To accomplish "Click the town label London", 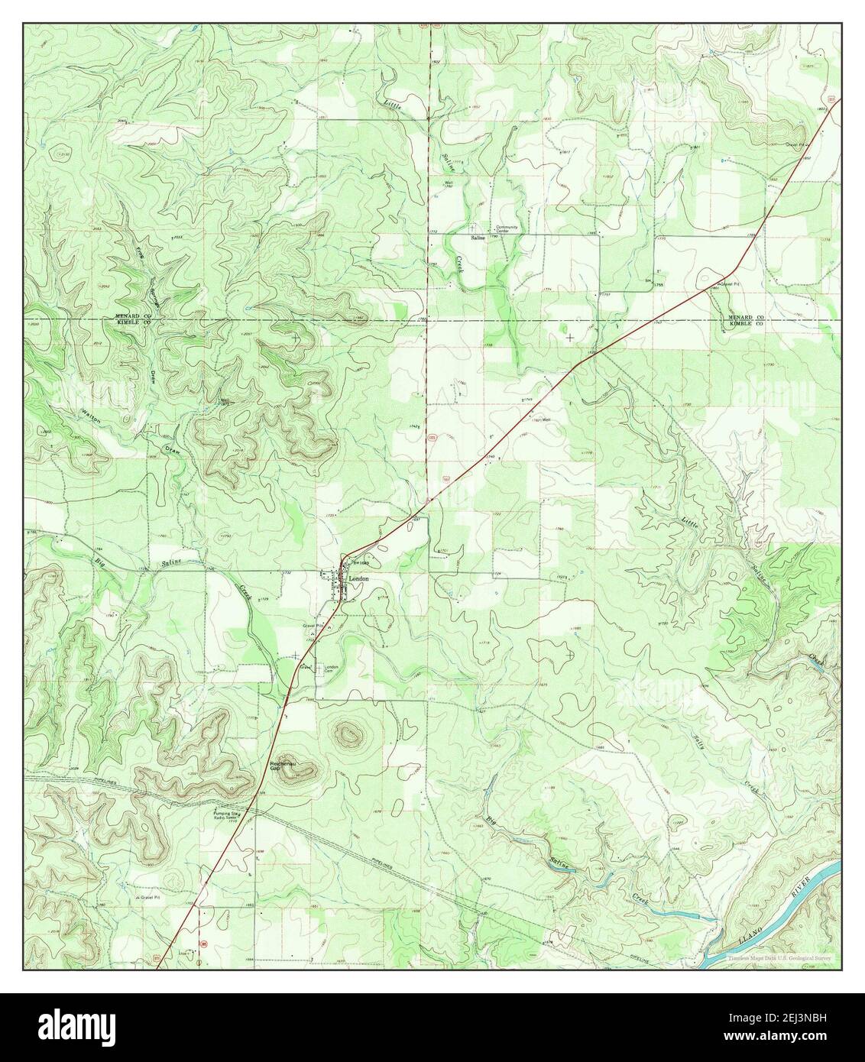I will point(359,580).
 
